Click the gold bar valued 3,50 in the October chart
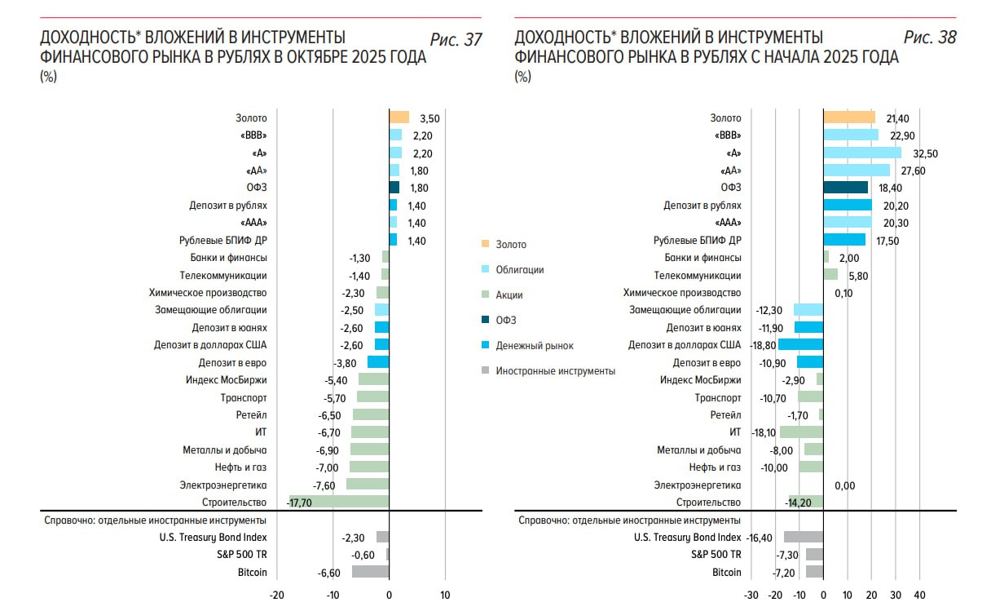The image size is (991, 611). pos(399,117)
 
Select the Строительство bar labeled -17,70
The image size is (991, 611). pos(339,503)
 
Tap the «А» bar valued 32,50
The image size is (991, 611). pos(862,153)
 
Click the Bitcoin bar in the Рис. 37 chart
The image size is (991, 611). pos(371,572)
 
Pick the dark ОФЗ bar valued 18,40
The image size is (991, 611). pos(846,188)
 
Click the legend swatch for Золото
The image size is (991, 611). pos(485,244)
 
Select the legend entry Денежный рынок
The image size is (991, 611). pos(535,346)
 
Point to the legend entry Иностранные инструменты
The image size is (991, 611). pos(555,371)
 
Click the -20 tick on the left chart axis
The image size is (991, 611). pos(277,595)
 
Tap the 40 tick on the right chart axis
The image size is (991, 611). pos(919,595)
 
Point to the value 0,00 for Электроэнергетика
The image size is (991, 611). pos(845,485)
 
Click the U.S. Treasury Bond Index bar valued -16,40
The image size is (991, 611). pos(804,538)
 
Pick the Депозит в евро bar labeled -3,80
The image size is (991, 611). pos(378,363)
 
